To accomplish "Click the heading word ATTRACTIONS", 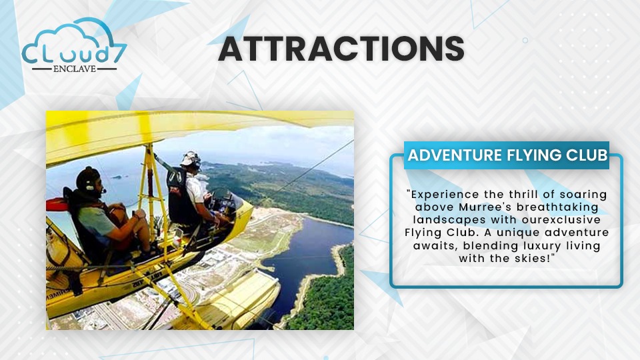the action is pos(341,49).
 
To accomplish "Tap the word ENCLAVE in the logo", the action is pos(74,69).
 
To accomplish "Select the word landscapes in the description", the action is pos(449,220).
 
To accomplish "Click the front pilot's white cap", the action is pos(190,159).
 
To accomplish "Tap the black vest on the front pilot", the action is pos(179,196).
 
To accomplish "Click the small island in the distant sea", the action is pos(117,177).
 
